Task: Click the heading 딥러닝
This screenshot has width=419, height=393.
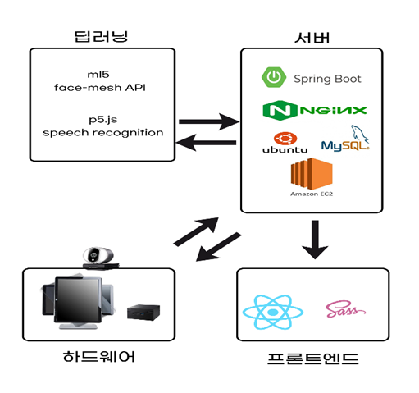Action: click(x=101, y=36)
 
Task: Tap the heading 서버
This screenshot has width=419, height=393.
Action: click(x=312, y=38)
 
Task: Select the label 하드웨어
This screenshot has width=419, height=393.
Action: click(x=99, y=357)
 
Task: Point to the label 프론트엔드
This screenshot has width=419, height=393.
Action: click(x=313, y=359)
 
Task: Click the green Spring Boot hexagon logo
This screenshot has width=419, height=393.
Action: click(x=274, y=77)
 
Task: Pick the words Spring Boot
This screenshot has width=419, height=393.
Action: click(x=327, y=79)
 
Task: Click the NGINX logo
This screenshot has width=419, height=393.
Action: click(x=315, y=110)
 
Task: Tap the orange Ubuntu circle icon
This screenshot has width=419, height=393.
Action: click(x=285, y=139)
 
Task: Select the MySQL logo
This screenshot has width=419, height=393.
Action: click(x=345, y=139)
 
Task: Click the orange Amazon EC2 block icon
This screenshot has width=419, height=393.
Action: click(x=312, y=174)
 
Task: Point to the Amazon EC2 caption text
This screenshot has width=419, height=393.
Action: click(x=312, y=194)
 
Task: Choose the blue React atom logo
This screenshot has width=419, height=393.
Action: click(x=273, y=312)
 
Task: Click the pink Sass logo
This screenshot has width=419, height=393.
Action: click(x=345, y=308)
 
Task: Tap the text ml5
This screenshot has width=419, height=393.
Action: click(x=98, y=75)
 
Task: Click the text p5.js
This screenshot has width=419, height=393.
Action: click(x=103, y=120)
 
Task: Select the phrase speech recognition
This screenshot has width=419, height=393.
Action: click(x=103, y=133)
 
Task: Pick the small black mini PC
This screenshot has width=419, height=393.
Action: click(x=143, y=313)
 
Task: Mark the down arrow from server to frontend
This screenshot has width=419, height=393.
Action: click(x=315, y=240)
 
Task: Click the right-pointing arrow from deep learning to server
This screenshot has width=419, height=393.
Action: click(x=209, y=121)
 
